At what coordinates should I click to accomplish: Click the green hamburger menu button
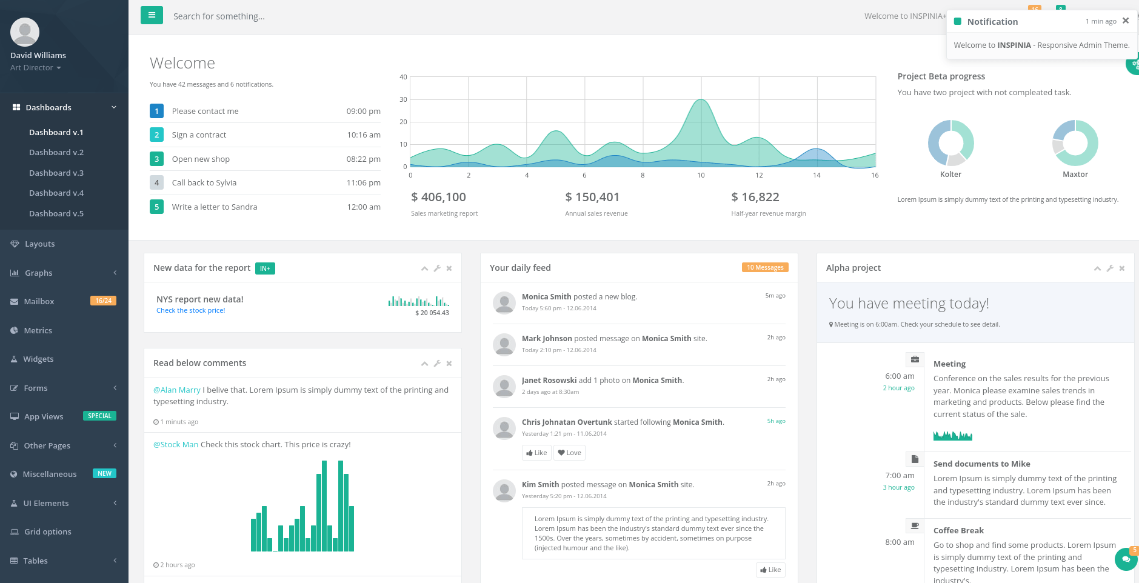tap(152, 15)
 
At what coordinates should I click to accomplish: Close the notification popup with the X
tap(1126, 21)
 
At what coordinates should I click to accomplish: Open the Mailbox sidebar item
tap(39, 301)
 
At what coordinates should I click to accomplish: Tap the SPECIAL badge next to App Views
tap(99, 416)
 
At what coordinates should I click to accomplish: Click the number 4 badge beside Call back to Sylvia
tap(156, 182)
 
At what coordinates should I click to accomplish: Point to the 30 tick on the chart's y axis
tap(403, 99)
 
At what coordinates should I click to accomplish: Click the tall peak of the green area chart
tap(701, 100)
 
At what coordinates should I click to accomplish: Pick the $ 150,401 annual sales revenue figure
tap(592, 197)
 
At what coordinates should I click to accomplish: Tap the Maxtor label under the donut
tap(1075, 174)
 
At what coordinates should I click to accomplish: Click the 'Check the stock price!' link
tap(190, 310)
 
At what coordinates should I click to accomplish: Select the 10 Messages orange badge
tap(765, 267)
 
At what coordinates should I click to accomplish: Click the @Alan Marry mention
tap(177, 390)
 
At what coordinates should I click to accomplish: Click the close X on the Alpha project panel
tap(1122, 268)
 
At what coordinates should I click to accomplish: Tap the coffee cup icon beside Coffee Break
tap(915, 525)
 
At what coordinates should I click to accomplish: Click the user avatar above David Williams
tap(25, 32)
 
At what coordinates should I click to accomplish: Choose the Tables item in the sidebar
tap(35, 561)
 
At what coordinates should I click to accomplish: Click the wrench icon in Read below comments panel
tap(437, 364)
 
